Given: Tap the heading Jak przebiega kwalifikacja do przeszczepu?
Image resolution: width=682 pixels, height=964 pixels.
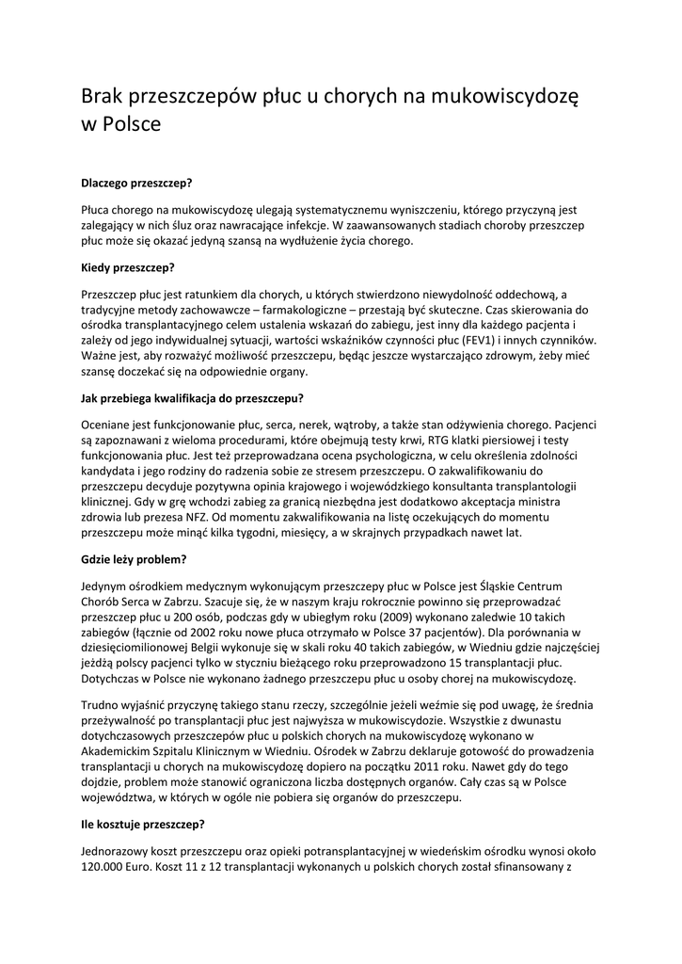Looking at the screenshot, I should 192,397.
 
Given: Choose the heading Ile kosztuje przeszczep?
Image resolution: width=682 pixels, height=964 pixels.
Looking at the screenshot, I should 143,824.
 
